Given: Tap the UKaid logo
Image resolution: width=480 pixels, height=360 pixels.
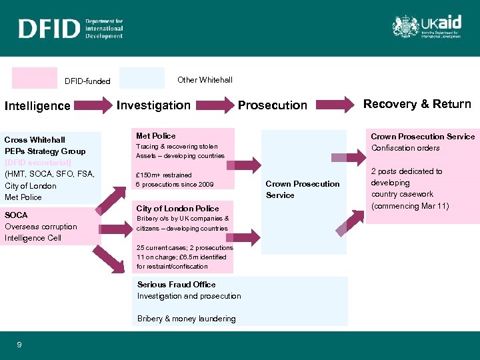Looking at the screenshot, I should pyautogui.click(x=426, y=27).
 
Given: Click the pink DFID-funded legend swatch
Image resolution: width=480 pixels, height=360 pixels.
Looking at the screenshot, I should pyautogui.click(x=34, y=78).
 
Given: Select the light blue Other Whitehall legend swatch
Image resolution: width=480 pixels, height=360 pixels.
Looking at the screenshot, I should pyautogui.click(x=141, y=78).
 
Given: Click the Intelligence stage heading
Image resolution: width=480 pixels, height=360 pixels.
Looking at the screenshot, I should pyautogui.click(x=37, y=105).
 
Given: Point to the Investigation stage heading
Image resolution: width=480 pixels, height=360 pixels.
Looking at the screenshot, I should pyautogui.click(x=153, y=105).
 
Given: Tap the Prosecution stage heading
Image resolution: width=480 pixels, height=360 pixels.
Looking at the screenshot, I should pyautogui.click(x=273, y=105).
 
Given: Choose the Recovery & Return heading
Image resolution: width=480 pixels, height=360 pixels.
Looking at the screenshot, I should pyautogui.click(x=417, y=103).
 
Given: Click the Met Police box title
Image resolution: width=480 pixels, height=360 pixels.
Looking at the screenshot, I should pyautogui.click(x=155, y=135).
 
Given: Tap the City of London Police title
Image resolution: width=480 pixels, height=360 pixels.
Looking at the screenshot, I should pyautogui.click(x=177, y=208).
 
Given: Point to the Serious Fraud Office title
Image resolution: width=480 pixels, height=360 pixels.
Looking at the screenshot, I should pyautogui.click(x=176, y=284).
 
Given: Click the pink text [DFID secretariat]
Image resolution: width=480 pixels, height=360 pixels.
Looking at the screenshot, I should pyautogui.click(x=37, y=163).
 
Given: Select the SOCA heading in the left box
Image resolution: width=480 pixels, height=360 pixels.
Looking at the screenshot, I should pyautogui.click(x=16, y=215).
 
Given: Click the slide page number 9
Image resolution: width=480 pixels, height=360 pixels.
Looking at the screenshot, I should pyautogui.click(x=19, y=345).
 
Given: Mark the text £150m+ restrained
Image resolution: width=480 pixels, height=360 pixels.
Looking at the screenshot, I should pyautogui.click(x=163, y=175).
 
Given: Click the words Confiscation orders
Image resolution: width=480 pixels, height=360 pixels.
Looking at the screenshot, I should pyautogui.click(x=405, y=148).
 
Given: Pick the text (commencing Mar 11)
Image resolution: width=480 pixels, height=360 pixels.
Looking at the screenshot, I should pyautogui.click(x=410, y=205).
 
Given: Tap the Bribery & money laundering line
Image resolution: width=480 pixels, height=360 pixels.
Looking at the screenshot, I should pyautogui.click(x=186, y=319).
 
